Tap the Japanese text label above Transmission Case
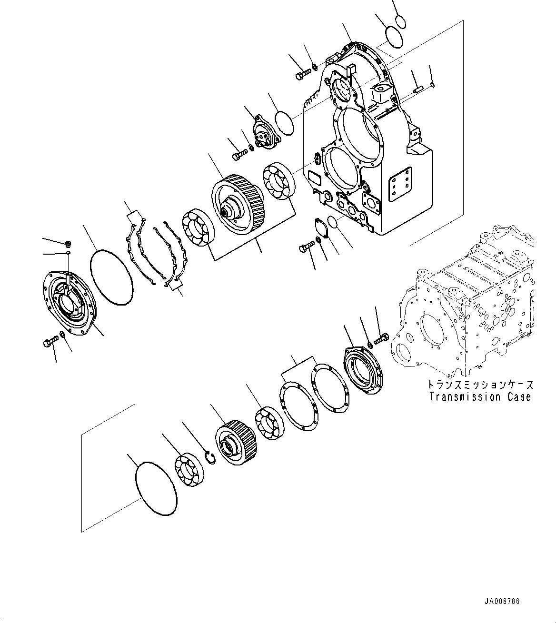479,384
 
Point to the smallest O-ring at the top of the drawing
400,22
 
